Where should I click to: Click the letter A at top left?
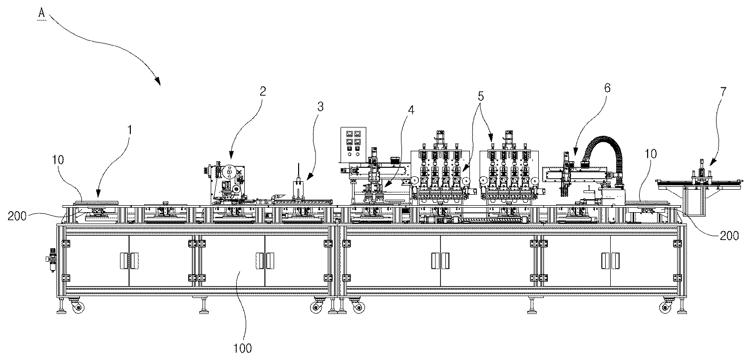tap(41, 13)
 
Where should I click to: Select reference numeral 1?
tap(130, 130)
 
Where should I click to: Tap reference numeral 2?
tap(263, 91)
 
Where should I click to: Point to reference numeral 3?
tap(321, 107)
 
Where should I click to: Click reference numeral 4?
tap(411, 110)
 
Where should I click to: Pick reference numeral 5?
tap(480, 96)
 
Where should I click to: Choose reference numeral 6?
tap(607, 88)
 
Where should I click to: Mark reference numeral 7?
tap(723, 91)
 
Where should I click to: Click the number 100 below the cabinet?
tap(242, 349)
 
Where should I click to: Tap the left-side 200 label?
tap(17, 216)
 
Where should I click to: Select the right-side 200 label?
tap(729, 236)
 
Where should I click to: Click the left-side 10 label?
tap(58, 160)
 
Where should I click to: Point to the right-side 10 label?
tap(651, 154)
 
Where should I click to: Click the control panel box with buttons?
tap(354, 144)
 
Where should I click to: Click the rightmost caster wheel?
tap(666, 307)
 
